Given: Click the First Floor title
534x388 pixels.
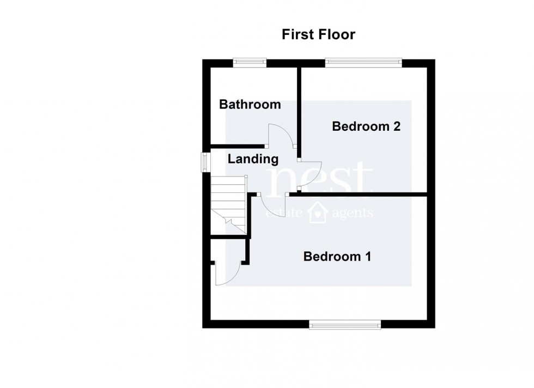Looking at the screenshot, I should coord(318,35).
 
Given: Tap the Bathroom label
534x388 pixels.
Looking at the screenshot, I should coord(250,104).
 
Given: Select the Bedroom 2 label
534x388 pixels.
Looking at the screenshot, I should coord(366,126).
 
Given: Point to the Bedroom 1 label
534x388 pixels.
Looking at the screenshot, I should coord(337,256).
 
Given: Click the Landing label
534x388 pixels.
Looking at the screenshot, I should coord(253,159).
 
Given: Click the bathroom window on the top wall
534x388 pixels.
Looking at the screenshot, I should coord(250,63).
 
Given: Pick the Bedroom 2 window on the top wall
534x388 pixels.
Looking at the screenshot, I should coord(363,63).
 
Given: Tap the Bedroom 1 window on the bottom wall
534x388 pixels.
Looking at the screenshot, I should coord(345,325).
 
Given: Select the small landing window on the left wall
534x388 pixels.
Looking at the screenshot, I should coord(205,162).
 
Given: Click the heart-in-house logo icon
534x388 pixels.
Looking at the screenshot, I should coord(318,213).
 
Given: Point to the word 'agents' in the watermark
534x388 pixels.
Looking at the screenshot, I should coord(351,213).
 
